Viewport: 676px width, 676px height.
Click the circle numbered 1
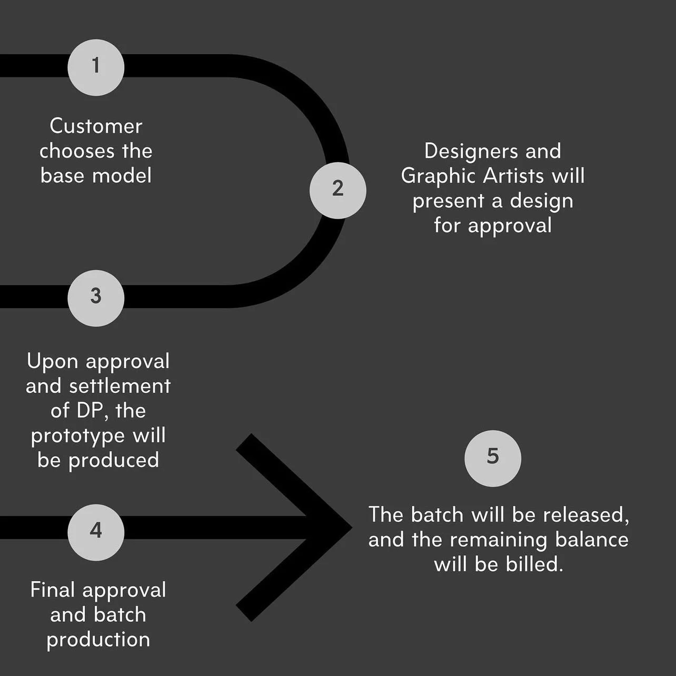pyautogui.click(x=96, y=67)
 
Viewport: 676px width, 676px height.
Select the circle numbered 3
pyautogui.click(x=96, y=297)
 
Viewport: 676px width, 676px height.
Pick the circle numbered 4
pyautogui.click(x=96, y=532)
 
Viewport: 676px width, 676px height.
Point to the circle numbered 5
pyautogui.click(x=493, y=458)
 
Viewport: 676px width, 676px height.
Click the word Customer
pyautogui.click(x=96, y=126)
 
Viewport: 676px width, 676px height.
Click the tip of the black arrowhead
pyautogui.click(x=351, y=527)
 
